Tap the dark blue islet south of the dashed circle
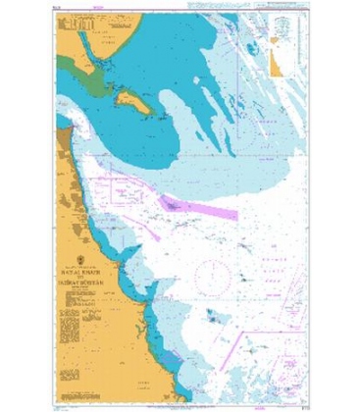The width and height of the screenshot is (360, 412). point(214,316)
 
